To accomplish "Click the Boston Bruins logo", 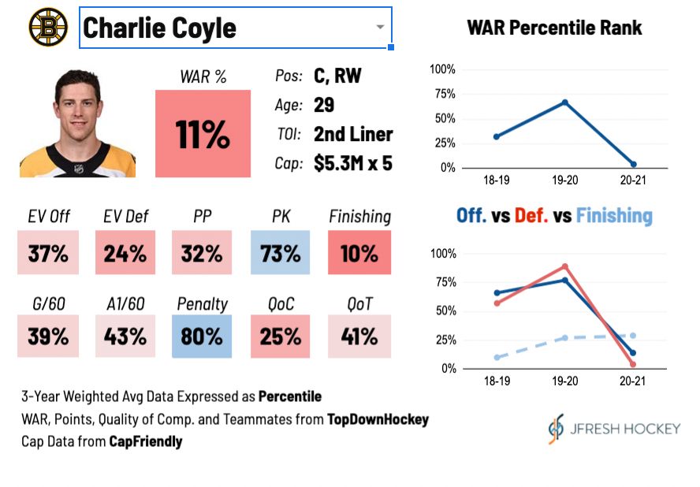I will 48,27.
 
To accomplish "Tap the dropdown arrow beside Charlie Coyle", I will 380,27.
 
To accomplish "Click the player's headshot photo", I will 77,125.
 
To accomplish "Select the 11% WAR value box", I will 203,134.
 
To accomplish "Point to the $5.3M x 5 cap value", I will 352,163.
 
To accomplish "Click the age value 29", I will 324,106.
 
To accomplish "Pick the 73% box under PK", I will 281,253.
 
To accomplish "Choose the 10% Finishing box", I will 359,253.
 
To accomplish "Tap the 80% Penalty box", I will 203,336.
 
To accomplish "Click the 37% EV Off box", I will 48,253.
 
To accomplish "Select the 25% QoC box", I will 281,336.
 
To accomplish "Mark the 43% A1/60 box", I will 125,336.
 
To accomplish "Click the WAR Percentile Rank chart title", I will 554,28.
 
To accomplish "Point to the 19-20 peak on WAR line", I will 565,102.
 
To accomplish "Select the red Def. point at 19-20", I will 565,266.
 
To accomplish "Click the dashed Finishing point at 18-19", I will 497,357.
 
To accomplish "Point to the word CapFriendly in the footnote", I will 145,441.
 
